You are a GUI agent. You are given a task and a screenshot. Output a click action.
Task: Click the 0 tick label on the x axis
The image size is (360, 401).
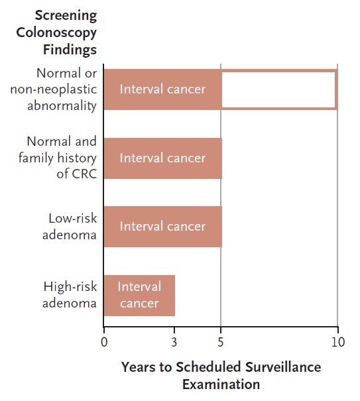pos(104,342)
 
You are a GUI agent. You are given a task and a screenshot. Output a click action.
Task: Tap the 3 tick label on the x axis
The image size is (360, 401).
pos(174,342)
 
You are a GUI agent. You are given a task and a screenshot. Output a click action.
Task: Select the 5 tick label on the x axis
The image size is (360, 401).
pos(221,342)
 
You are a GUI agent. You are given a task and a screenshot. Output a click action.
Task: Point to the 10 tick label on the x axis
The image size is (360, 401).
pos(338,342)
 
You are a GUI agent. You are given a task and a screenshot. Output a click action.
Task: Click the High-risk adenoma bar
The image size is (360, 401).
pos(139,296)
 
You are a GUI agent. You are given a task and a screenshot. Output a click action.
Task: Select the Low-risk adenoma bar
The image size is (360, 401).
pos(163,227)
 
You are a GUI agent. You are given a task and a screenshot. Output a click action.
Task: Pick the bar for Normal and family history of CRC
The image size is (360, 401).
pos(163,158)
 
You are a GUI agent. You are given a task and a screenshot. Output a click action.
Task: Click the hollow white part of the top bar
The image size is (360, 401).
pos(278,89)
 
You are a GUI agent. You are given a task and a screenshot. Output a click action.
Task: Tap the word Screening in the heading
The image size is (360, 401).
pos(66,16)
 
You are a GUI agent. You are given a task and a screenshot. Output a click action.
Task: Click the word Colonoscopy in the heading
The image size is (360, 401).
pos(56,33)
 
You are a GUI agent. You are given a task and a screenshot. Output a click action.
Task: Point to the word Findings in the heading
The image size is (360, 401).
pos(70,50)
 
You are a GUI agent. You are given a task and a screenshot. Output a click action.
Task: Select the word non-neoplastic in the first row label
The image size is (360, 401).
pos(54,89)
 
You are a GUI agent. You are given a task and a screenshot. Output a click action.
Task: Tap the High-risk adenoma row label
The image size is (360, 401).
pos(70,295)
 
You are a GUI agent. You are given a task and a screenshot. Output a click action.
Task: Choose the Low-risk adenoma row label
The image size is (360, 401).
pos(70,227)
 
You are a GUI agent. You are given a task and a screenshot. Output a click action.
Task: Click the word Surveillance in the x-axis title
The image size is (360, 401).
pos(283,367)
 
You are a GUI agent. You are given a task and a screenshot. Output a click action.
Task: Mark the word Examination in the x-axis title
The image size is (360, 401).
pos(221,384)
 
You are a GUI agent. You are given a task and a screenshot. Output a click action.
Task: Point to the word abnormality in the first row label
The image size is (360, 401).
pos(62,106)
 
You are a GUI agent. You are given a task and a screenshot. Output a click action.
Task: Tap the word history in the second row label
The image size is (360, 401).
pos(77,158)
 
